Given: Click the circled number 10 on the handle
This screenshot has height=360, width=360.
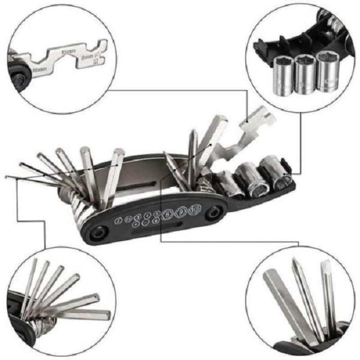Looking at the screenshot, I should (194, 210).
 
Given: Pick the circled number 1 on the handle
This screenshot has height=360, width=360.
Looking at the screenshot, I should (119, 220).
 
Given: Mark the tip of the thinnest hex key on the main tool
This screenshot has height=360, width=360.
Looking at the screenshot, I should (6, 176).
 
